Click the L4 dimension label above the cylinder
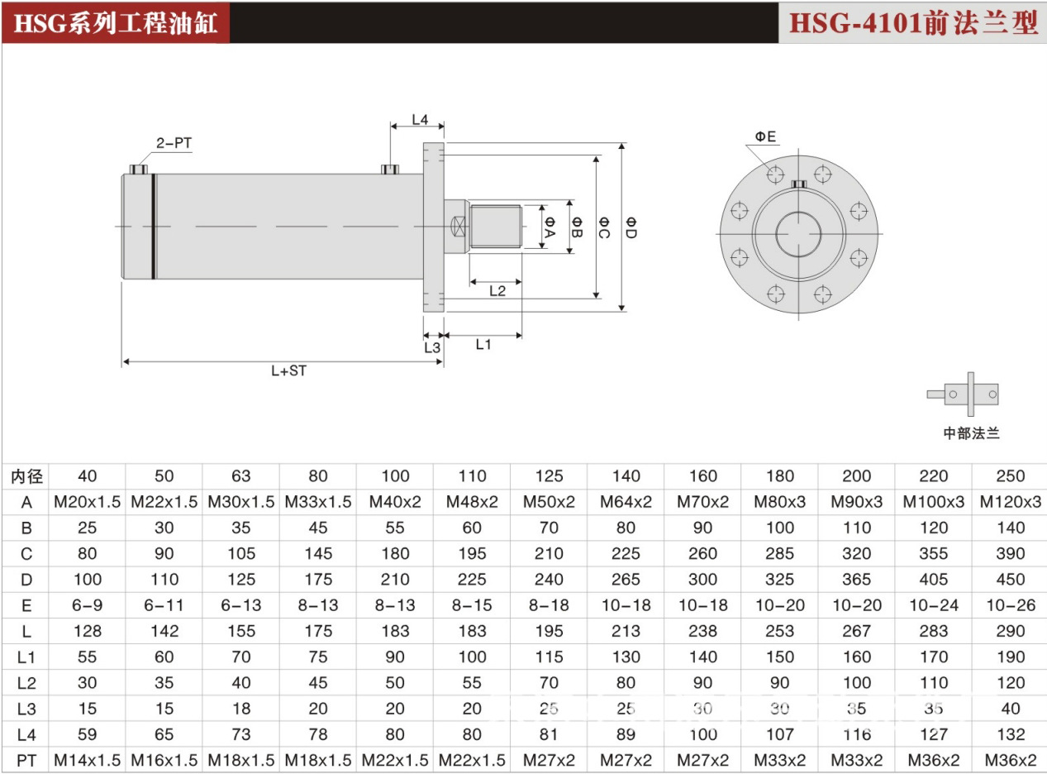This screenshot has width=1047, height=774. click(420, 120)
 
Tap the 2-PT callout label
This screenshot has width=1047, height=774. click(174, 143)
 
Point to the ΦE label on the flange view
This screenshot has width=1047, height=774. click(765, 136)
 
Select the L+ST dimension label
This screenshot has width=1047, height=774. click(289, 370)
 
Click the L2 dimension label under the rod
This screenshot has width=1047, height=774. click(497, 290)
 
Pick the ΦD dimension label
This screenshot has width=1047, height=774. click(631, 227)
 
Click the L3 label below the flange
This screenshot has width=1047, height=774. click(432, 348)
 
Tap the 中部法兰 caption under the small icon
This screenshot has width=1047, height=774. click(971, 432)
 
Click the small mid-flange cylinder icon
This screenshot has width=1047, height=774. click(963, 394)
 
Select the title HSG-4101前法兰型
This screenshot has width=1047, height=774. click(913, 22)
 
